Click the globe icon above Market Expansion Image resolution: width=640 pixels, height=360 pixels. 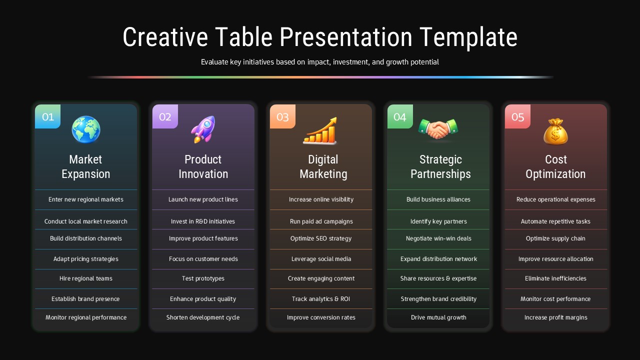pos(86,129)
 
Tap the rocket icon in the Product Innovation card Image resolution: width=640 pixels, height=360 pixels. pos(203,129)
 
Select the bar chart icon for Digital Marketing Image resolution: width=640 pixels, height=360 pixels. pos(320,131)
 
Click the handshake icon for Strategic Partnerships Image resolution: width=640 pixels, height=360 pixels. pos(438,129)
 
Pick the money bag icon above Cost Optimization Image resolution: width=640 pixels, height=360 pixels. pos(555,131)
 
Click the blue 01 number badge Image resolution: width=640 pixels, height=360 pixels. pos(48,117)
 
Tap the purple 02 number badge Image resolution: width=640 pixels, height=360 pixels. pos(165,117)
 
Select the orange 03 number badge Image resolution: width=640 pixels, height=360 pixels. pos(282,117)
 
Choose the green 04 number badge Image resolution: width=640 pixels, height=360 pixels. pos(400,117)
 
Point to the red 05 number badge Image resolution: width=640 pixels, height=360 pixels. pos(517,117)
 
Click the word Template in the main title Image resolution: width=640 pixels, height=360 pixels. pos(468,37)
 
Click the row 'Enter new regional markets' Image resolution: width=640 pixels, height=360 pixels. pos(86,199)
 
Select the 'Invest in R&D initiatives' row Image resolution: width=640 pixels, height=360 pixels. pos(203,221)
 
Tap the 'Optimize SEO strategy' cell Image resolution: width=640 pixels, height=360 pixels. pos(321,238)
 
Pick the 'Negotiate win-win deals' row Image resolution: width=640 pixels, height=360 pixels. pos(438,238)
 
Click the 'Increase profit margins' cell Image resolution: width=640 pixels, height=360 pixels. pos(555,317)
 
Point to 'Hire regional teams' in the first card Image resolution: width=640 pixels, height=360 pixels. pos(86,278)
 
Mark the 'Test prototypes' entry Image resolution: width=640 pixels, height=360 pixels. pos(203,278)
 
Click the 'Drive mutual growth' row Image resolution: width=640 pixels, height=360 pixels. pos(438,317)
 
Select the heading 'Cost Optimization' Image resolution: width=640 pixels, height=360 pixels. pos(555,166)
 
